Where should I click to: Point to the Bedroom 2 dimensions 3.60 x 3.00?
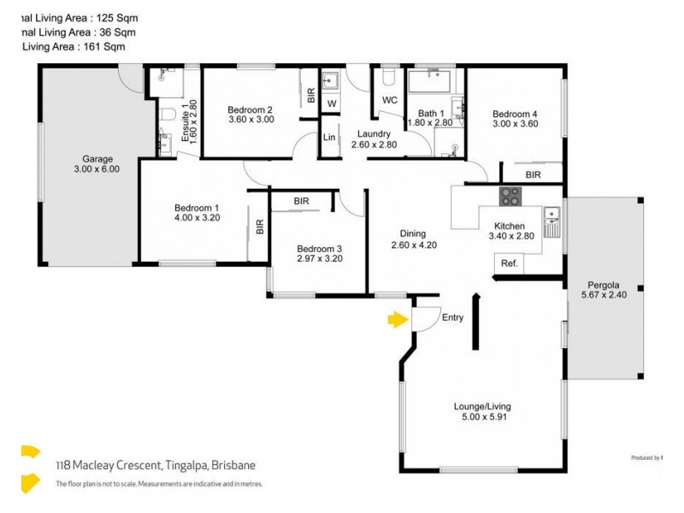click(x=251, y=120)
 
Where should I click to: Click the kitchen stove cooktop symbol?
click(x=510, y=196)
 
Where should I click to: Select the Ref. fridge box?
click(x=510, y=263)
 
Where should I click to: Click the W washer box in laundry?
click(x=332, y=103)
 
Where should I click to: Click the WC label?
click(x=390, y=100)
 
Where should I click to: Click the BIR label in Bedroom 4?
click(x=533, y=174)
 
